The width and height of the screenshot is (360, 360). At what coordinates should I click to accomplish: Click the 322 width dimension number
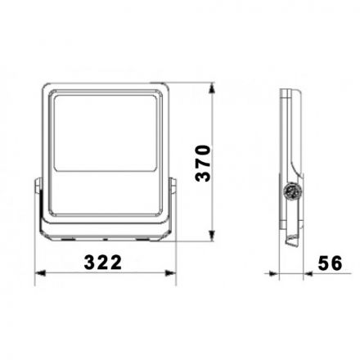click(x=103, y=263)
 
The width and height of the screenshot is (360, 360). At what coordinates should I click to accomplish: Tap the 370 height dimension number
click(x=203, y=163)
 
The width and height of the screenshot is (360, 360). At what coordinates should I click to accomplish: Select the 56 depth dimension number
click(x=330, y=263)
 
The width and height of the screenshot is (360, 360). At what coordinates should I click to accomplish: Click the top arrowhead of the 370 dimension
click(x=212, y=89)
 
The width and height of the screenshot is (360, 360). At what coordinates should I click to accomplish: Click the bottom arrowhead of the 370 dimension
click(x=212, y=236)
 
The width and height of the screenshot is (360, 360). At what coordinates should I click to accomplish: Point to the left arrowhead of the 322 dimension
click(x=40, y=273)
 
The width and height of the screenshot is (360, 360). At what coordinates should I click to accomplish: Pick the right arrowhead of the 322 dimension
click(x=170, y=273)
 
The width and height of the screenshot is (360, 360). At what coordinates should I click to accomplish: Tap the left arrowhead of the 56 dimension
click(x=274, y=273)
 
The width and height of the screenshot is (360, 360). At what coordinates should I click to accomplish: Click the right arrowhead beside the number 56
click(x=308, y=273)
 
